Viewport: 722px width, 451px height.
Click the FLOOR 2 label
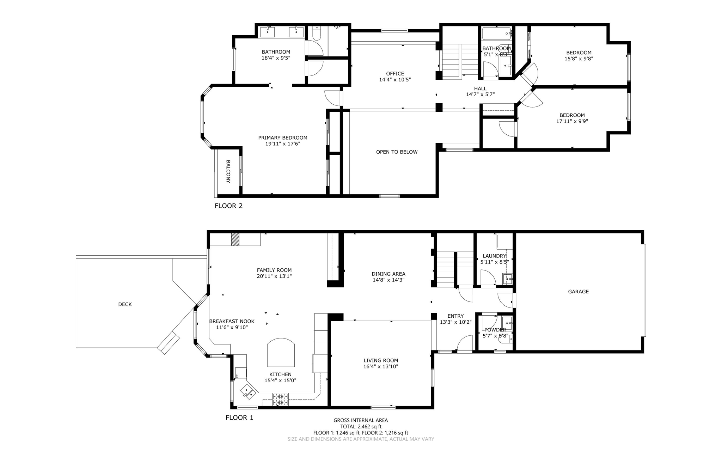228,206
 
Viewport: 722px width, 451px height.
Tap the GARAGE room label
578,292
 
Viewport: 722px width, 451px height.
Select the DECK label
125,304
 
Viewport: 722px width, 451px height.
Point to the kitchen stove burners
280,399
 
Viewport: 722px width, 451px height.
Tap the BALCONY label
228,171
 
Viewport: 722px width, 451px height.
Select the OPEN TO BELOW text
397,152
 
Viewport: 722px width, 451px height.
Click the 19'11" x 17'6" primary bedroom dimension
282,144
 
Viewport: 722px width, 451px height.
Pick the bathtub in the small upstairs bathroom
496,34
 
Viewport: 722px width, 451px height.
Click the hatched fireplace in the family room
235,239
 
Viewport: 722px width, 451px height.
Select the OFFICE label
395,74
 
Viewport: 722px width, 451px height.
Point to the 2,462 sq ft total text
361,427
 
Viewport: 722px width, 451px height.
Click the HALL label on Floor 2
480,89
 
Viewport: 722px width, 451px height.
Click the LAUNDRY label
494,256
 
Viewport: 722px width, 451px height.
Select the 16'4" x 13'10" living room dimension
381,367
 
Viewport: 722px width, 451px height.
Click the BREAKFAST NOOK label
232,321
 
